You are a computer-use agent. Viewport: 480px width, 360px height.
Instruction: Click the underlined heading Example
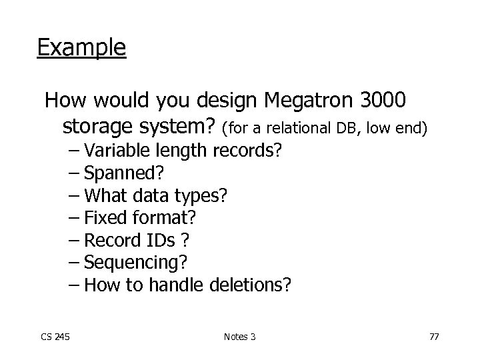[x=81, y=48]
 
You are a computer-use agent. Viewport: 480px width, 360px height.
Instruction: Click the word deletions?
[x=250, y=285]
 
